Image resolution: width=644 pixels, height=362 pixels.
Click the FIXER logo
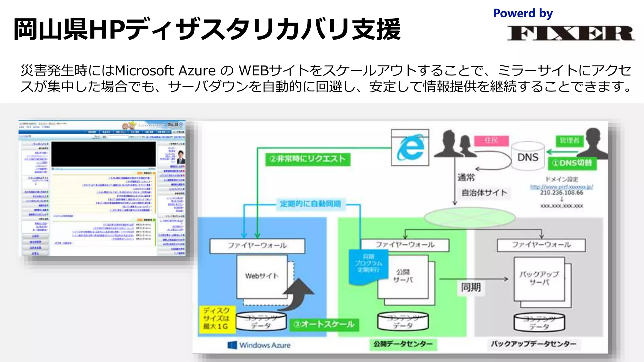click(x=570, y=33)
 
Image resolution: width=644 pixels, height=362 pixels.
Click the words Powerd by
click(x=523, y=13)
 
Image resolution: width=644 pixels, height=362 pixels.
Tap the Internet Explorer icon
click(x=410, y=147)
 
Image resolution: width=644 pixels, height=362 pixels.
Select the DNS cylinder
click(x=528, y=156)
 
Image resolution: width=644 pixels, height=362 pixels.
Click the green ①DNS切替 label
click(x=572, y=163)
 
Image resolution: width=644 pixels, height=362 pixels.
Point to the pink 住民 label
click(x=491, y=140)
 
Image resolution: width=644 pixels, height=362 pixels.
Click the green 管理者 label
click(x=569, y=140)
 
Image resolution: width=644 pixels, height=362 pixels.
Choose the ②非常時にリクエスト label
click(x=308, y=159)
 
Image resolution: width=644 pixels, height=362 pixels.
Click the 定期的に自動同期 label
click(x=310, y=204)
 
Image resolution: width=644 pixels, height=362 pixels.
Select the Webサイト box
click(x=262, y=276)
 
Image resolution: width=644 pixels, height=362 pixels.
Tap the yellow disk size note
click(x=217, y=319)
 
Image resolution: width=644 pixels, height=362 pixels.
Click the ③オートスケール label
click(x=324, y=324)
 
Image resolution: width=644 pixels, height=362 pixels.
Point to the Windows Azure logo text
click(x=264, y=345)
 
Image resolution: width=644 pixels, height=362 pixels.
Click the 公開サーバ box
click(x=403, y=276)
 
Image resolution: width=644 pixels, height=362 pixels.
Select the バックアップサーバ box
click(x=539, y=278)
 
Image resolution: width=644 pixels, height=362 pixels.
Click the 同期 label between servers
click(x=471, y=287)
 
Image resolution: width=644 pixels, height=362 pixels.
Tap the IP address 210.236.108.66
click(x=562, y=193)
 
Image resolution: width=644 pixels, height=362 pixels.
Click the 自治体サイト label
click(x=484, y=193)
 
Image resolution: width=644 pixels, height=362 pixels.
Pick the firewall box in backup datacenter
click(x=541, y=245)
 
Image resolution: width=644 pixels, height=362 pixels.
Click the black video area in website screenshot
click(x=103, y=154)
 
